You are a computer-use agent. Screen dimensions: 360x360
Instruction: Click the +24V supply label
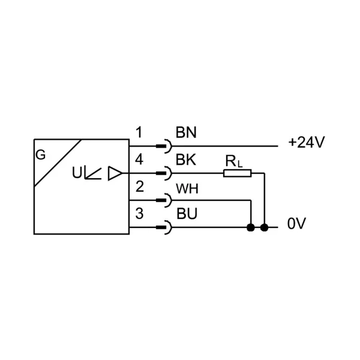307,142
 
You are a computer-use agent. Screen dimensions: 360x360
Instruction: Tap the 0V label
296,223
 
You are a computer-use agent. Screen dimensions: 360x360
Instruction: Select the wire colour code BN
186,133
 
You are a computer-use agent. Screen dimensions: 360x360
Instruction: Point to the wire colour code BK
186,160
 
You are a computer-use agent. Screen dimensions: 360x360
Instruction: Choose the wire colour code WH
187,189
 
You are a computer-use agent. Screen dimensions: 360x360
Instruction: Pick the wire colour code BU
187,214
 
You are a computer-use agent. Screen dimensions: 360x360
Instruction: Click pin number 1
139,133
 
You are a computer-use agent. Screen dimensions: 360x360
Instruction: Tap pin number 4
139,160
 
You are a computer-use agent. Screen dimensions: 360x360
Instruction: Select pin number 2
140,187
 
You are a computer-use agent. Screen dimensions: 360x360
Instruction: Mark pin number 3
139,214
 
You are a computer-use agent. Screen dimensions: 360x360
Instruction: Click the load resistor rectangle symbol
238,173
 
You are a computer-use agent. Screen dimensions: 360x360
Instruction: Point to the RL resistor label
234,161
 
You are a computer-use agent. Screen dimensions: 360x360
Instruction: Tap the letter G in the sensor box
41,155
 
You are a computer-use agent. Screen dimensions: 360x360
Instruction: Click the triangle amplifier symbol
115,173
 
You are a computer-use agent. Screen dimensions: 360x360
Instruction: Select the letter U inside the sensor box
77,173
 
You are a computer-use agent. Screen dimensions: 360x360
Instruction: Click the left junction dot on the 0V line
251,227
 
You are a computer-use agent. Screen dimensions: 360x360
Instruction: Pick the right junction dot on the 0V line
265,227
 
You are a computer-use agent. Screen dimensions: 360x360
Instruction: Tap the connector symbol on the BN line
164,146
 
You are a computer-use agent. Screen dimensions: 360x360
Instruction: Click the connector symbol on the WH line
164,200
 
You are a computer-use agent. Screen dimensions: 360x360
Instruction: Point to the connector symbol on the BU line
164,227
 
